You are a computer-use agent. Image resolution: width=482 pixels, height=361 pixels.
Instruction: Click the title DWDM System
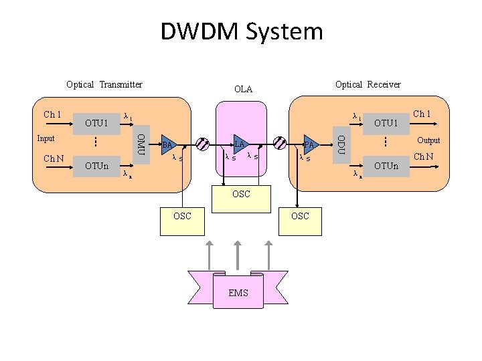pyautogui.click(x=241, y=31)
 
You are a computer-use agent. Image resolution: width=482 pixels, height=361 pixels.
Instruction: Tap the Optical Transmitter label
pyautogui.click(x=104, y=84)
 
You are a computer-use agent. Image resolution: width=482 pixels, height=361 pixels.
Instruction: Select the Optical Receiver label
pyautogui.click(x=368, y=84)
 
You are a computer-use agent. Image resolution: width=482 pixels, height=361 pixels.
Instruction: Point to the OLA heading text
pyautogui.click(x=243, y=89)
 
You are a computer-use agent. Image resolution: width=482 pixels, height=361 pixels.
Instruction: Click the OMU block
pyautogui.click(x=141, y=145)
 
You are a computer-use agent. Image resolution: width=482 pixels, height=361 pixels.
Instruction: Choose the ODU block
pyautogui.click(x=341, y=145)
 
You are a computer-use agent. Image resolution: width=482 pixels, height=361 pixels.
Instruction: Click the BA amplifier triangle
pyautogui.click(x=169, y=144)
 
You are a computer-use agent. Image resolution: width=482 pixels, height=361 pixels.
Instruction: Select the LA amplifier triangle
pyautogui.click(x=240, y=144)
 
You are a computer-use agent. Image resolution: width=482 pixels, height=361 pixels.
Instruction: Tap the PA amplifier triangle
pyautogui.click(x=309, y=144)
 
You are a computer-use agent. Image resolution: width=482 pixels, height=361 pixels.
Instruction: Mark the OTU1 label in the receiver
pyautogui.click(x=386, y=123)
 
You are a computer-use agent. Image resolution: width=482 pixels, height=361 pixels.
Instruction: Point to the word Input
pyautogui.click(x=46, y=138)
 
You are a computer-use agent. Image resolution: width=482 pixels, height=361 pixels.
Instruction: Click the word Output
pyautogui.click(x=428, y=140)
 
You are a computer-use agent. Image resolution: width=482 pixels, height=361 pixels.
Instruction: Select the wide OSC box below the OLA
pyautogui.click(x=241, y=195)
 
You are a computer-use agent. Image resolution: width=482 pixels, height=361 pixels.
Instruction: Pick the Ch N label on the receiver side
pyautogui.click(x=424, y=157)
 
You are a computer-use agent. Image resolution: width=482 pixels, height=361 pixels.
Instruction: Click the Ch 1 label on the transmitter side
pyautogui.click(x=52, y=114)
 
